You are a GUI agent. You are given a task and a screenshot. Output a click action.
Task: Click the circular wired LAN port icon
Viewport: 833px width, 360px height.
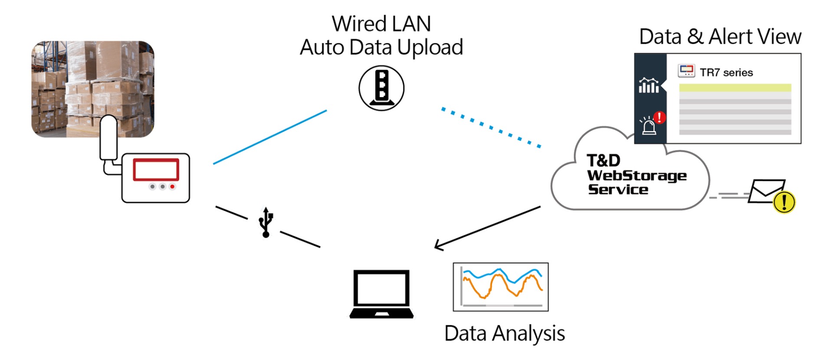[x=381, y=88]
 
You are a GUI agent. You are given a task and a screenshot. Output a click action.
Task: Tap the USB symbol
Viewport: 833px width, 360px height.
[x=266, y=222]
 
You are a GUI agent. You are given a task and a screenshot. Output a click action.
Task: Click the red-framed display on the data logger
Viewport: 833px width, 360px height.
[x=156, y=170]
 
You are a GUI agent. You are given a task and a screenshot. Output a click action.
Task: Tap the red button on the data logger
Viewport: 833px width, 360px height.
[x=172, y=187]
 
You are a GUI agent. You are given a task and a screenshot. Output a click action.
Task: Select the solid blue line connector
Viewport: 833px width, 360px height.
[x=270, y=137]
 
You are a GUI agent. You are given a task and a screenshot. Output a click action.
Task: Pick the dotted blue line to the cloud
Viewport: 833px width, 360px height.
[x=491, y=128]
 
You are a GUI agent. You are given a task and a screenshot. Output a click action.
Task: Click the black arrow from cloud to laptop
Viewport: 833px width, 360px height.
[x=488, y=228]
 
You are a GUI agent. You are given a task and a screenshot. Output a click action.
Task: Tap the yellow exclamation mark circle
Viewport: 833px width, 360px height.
[x=784, y=202]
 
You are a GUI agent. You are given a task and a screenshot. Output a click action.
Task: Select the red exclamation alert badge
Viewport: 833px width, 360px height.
[x=659, y=117]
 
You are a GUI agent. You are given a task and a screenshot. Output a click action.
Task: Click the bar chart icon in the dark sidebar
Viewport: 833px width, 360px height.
[x=649, y=85]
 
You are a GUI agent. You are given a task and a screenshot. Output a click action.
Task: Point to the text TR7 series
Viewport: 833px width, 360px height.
[x=726, y=72]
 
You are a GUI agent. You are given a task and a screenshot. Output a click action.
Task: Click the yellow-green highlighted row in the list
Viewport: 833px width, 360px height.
[x=735, y=88]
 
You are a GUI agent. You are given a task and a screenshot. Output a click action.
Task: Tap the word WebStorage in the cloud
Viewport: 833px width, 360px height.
[x=636, y=176]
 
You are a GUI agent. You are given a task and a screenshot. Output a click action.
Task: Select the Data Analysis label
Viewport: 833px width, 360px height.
[x=505, y=334]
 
